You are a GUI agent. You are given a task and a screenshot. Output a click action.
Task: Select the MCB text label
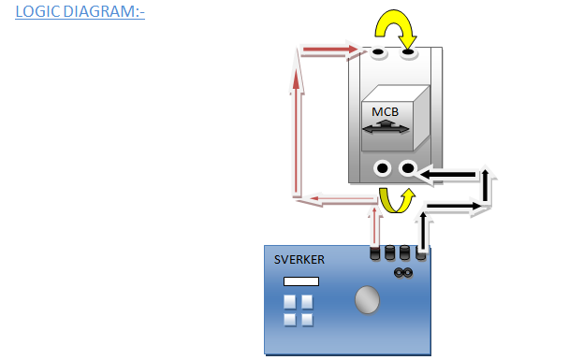[386, 112]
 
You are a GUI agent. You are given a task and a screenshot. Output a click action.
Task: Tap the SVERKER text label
[297, 259]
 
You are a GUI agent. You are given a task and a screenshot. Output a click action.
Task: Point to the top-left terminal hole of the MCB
[378, 53]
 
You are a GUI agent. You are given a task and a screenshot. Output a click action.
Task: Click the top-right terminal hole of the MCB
[409, 53]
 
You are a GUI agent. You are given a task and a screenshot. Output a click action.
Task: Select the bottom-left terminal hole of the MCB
[383, 169]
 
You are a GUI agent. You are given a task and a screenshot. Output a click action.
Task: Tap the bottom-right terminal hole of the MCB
[408, 169]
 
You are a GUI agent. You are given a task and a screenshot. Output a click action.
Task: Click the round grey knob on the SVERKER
[368, 300]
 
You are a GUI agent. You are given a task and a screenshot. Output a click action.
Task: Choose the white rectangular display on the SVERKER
[301, 281]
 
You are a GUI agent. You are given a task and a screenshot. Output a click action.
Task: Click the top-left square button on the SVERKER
[289, 301]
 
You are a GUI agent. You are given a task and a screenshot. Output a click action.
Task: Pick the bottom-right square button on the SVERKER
[306, 319]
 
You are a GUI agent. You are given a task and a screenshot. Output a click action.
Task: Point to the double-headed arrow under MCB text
[386, 129]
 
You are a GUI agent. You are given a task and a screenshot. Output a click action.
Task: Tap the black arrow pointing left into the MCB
[450, 173]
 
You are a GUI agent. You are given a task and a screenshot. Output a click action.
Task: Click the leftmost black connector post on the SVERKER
[376, 252]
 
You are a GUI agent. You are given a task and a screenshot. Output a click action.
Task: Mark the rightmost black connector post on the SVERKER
[421, 252]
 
